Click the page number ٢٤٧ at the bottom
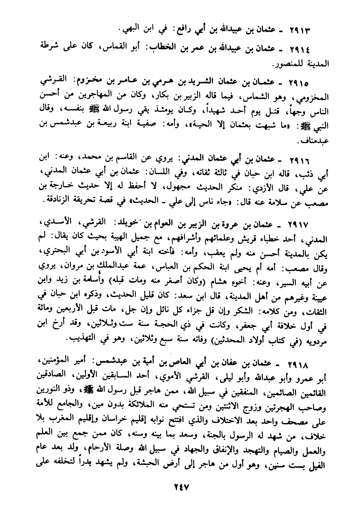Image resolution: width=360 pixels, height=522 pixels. coord(180,486)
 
